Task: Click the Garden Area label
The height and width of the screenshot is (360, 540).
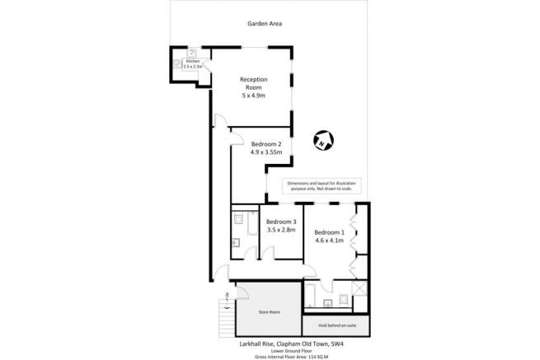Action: point(265,24)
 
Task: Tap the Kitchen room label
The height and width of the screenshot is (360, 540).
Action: point(192,62)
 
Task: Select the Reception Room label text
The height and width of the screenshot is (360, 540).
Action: point(254,83)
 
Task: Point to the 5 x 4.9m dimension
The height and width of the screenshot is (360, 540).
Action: point(254,96)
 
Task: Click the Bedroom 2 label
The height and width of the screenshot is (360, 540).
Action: point(266,144)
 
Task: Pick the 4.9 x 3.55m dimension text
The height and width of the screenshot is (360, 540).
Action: point(266,152)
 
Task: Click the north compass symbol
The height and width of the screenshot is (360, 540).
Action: point(323,141)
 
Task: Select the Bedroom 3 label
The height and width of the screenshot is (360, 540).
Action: point(280,222)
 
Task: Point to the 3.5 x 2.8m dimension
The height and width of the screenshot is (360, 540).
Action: point(280,231)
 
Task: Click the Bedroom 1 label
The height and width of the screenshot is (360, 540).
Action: point(329,231)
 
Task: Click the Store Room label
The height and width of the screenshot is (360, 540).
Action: point(270,312)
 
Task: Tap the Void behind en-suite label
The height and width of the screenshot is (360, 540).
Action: point(334,323)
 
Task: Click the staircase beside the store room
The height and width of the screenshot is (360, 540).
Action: point(222,313)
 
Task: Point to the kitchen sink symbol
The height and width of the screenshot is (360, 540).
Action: point(190,51)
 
